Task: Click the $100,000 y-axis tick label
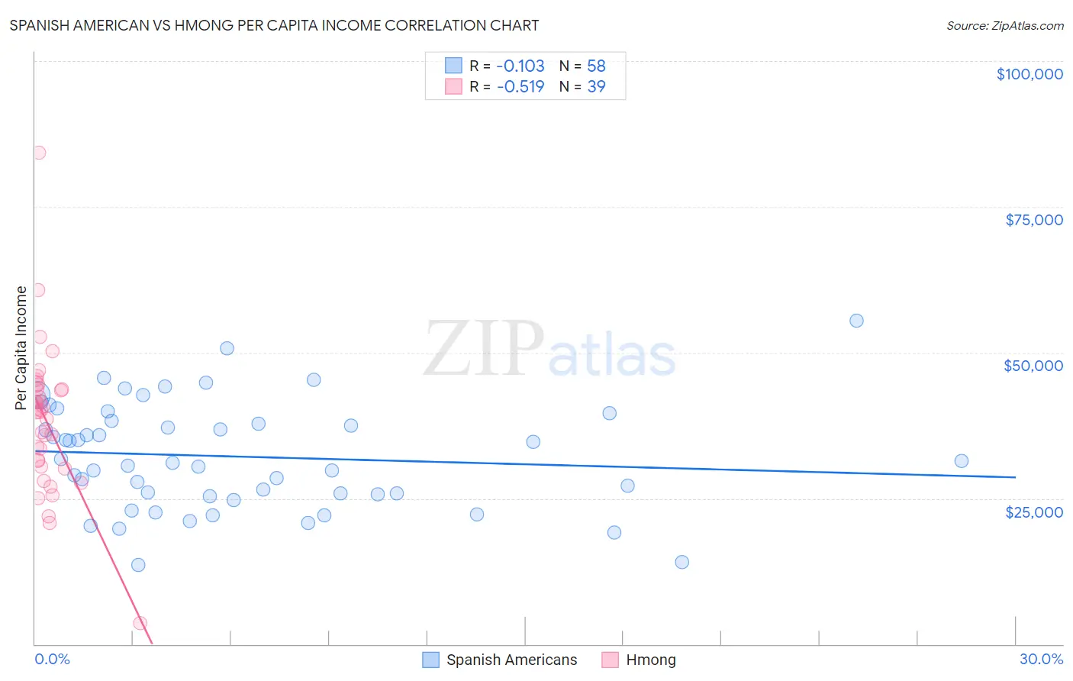pyautogui.click(x=1029, y=74)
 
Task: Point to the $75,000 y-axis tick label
pyautogui.click(x=1033, y=220)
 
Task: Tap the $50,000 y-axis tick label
pyautogui.click(x=1033, y=366)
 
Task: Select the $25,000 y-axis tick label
pyautogui.click(x=1033, y=512)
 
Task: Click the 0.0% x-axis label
pyautogui.click(x=52, y=659)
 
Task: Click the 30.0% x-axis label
pyautogui.click(x=1041, y=659)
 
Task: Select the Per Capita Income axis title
pyautogui.click(x=21, y=347)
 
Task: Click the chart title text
pyautogui.click(x=274, y=25)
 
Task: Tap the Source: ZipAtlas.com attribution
pyautogui.click(x=1004, y=25)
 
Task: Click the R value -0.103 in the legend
pyautogui.click(x=520, y=66)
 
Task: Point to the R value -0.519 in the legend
pyautogui.click(x=520, y=86)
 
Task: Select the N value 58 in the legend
pyautogui.click(x=596, y=66)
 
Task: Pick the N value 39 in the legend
pyautogui.click(x=596, y=86)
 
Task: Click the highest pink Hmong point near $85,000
pyautogui.click(x=39, y=153)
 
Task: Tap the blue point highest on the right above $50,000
pyautogui.click(x=856, y=321)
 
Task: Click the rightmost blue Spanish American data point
pyautogui.click(x=962, y=461)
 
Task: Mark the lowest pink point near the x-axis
pyautogui.click(x=140, y=623)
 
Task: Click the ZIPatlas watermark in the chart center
pyautogui.click(x=549, y=349)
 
